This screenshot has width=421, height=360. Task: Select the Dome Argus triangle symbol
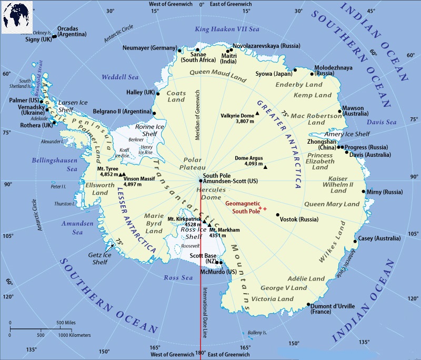[x=265, y=167]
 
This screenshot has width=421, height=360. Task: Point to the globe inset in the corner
[x=16, y=16]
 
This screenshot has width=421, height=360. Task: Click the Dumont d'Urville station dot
[x=308, y=304]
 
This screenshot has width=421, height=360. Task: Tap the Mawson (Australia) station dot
[x=339, y=111]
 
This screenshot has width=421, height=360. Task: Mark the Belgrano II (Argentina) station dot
[x=155, y=113]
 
